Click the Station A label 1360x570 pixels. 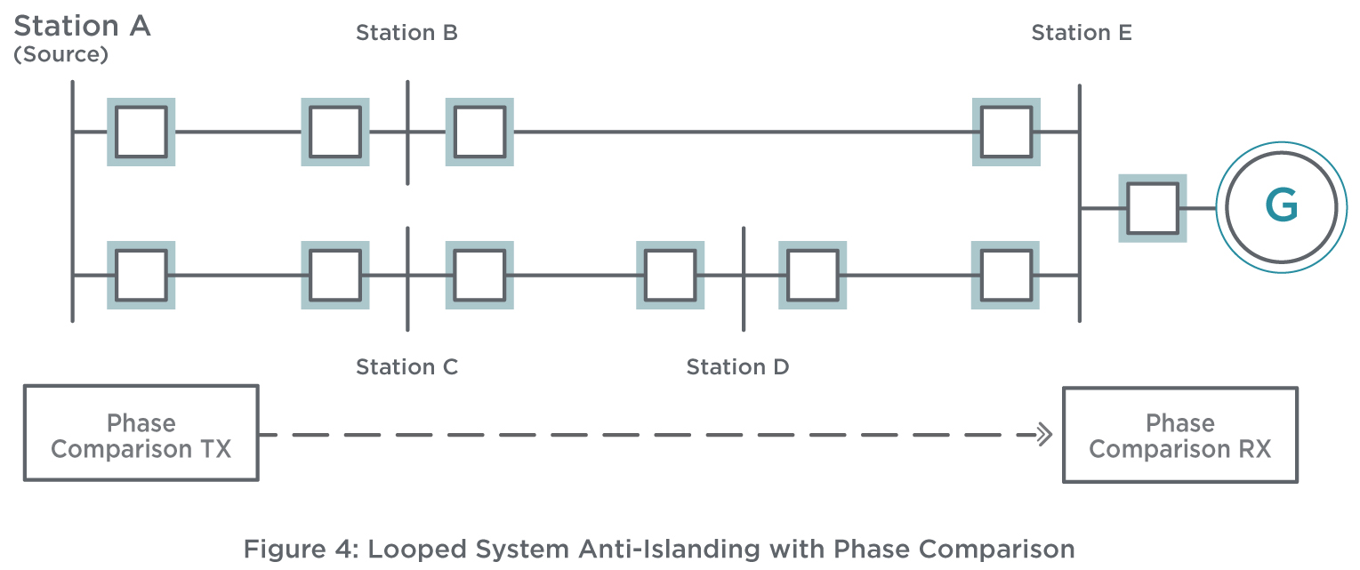point(82,26)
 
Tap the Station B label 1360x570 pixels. point(406,33)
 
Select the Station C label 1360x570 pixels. point(406,367)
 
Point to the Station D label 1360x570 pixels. point(737,367)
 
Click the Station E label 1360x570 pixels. point(1082,33)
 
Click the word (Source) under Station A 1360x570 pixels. point(60,54)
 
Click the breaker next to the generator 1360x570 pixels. point(1153,208)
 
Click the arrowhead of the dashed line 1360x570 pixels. point(1045,435)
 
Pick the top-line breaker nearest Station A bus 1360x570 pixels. point(141,132)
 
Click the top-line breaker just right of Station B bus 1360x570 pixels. point(479,132)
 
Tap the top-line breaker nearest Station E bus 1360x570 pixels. point(1006,132)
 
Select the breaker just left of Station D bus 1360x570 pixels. point(671,275)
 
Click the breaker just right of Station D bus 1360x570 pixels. point(812,275)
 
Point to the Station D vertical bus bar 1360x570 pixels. point(744,279)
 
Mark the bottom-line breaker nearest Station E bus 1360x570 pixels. point(1005,275)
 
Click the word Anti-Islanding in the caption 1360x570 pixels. point(670,550)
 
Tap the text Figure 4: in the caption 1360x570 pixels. point(302,550)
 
